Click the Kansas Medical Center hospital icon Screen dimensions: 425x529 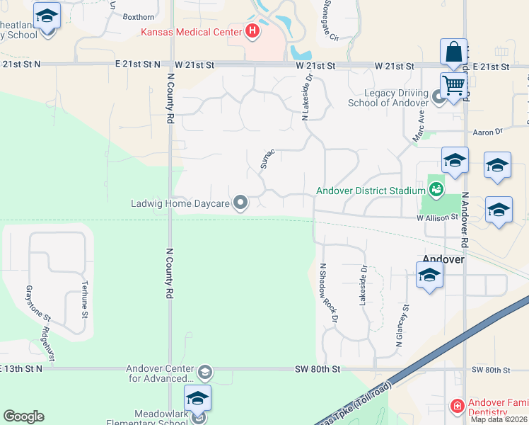(251, 31)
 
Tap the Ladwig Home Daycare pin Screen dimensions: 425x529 (241, 203)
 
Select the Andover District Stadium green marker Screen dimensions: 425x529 (436, 189)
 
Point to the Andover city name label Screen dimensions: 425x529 (443, 259)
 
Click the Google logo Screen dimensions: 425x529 (23, 416)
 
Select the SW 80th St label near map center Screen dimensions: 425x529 (318, 370)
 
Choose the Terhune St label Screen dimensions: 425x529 (84, 300)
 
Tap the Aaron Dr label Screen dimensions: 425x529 (487, 132)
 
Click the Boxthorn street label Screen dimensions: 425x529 (138, 16)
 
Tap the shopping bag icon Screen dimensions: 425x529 (453, 52)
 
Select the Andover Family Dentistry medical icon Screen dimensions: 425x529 (457, 407)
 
